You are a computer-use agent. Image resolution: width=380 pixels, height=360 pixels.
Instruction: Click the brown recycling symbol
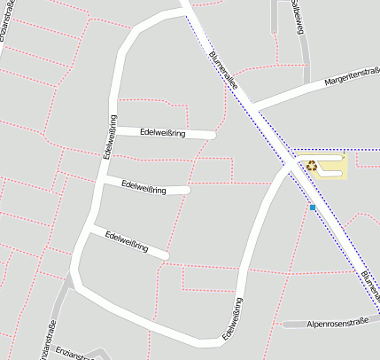(311, 165)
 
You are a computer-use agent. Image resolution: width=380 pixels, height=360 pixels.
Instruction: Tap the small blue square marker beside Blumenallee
(312, 207)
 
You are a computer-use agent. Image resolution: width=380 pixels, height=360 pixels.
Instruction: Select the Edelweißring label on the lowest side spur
(127, 241)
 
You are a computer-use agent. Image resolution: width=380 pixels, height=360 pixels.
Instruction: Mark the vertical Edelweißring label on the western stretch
(109, 137)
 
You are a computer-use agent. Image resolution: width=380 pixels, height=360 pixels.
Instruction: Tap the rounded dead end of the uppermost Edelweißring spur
(213, 136)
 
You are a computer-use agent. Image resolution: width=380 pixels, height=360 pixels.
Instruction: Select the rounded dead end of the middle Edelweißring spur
(187, 190)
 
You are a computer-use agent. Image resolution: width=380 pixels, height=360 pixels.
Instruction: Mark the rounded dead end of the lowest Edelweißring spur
(164, 255)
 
